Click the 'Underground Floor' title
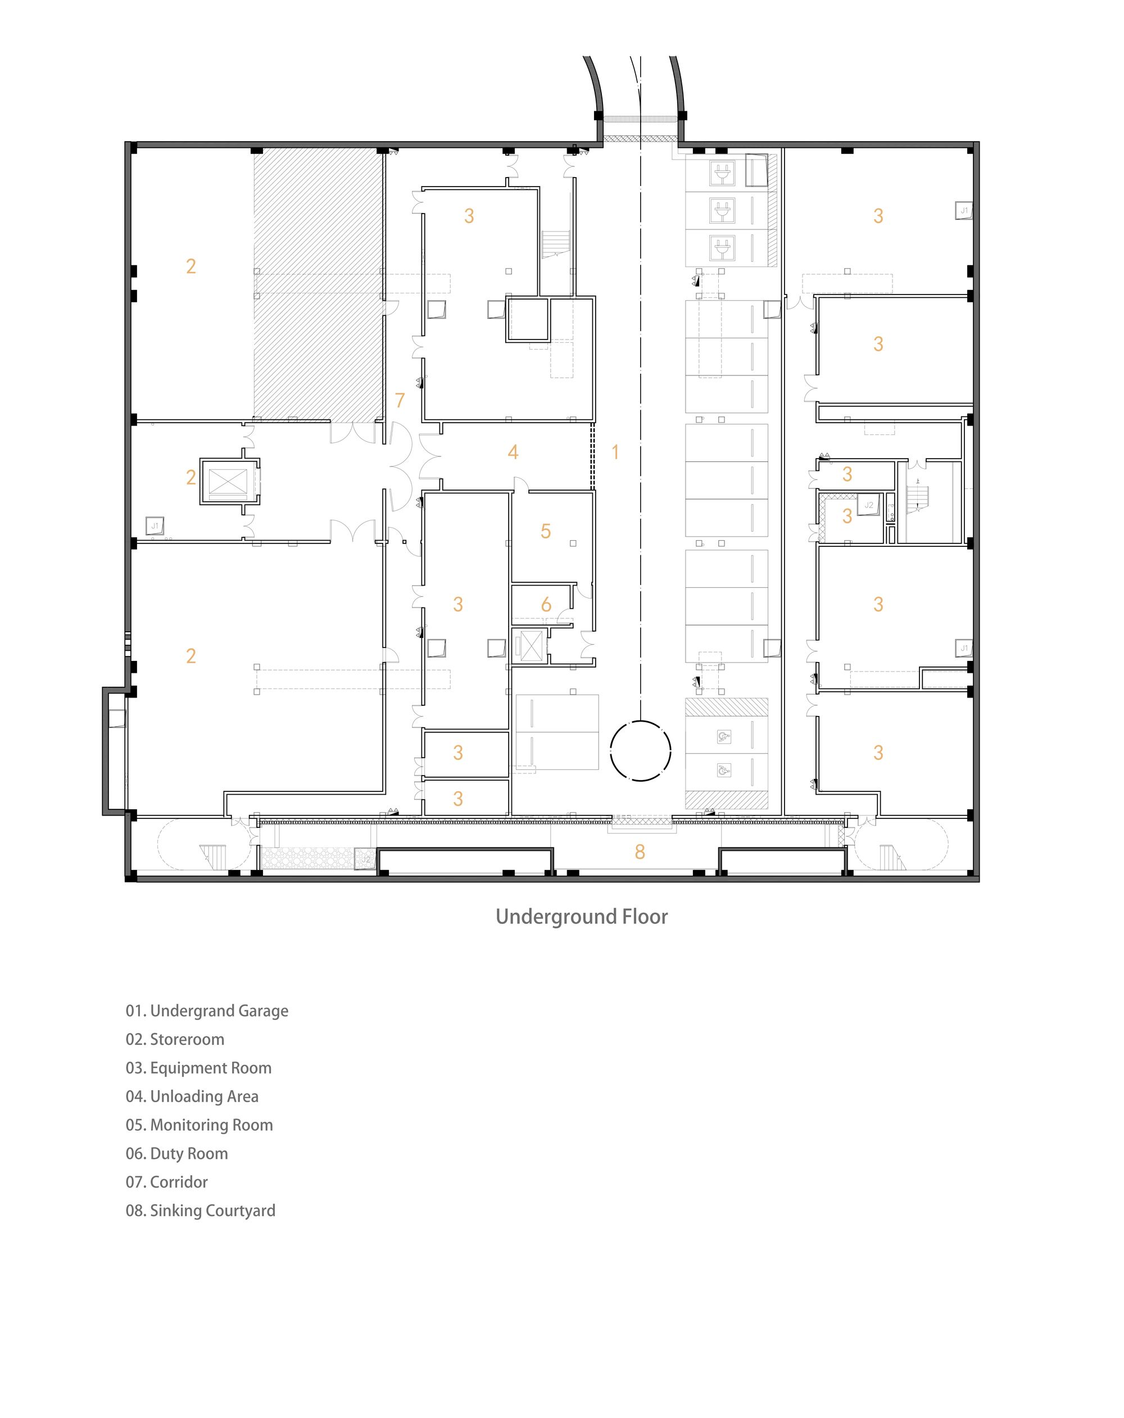click(582, 917)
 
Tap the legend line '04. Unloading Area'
click(192, 1097)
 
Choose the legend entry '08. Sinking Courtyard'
click(201, 1211)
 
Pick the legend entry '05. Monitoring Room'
click(200, 1125)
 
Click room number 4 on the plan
click(513, 452)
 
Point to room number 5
click(546, 532)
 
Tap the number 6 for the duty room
click(546, 604)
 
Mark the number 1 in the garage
click(615, 452)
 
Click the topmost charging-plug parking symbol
click(722, 174)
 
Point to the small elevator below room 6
click(530, 646)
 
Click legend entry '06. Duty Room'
click(177, 1154)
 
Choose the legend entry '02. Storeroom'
click(175, 1039)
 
